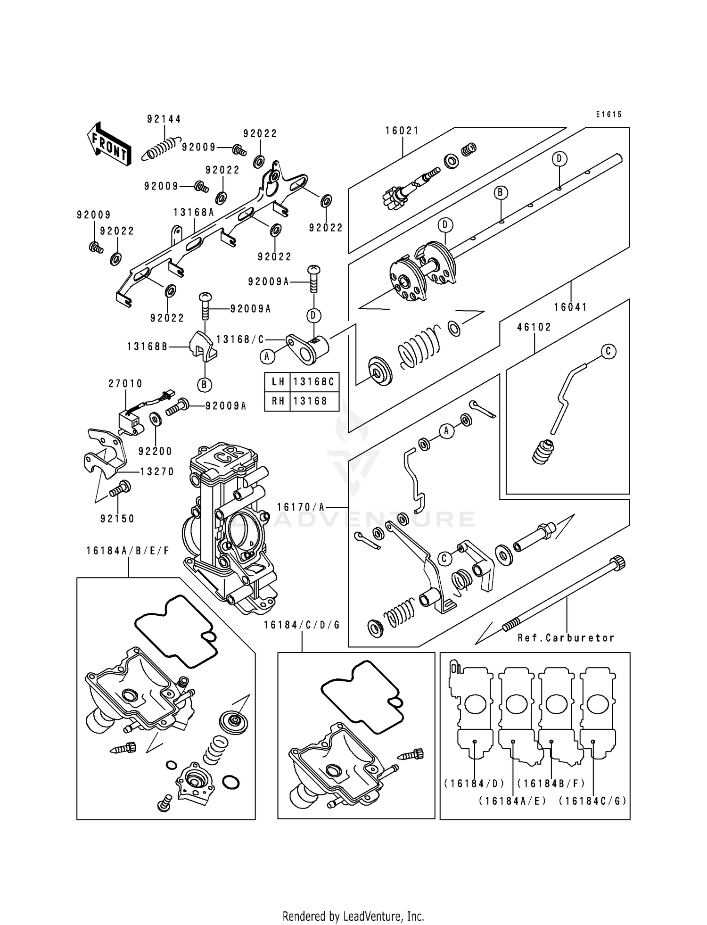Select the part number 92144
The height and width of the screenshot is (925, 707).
[x=164, y=119]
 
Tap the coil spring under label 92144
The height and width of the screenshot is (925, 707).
[x=161, y=149]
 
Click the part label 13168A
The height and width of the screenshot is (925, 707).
[x=193, y=212]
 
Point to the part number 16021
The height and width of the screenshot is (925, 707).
[x=402, y=131]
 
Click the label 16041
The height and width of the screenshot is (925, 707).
[x=570, y=307]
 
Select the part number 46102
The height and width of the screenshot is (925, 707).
[x=534, y=327]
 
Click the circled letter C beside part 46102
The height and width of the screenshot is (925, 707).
[x=608, y=351]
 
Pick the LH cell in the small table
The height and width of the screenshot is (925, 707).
[x=278, y=381]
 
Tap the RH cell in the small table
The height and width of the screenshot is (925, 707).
[x=278, y=401]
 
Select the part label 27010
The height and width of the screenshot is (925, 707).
[x=125, y=384]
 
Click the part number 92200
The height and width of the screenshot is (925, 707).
[x=155, y=451]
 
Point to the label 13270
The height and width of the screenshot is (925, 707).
[x=157, y=471]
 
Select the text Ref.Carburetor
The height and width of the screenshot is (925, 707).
[x=566, y=638]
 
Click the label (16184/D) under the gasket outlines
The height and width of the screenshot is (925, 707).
[x=474, y=783]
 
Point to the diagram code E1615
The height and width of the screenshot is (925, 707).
[x=608, y=114]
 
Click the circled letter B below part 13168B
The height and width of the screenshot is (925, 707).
[x=204, y=385]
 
